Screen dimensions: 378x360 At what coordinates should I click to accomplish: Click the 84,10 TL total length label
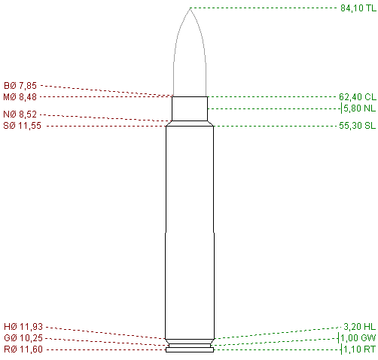358,8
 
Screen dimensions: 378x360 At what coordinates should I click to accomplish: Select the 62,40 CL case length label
358,96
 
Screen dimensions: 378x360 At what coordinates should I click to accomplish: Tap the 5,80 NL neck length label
359,108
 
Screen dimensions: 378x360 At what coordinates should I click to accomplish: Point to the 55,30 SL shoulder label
358,126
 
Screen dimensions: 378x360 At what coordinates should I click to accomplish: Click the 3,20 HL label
359,327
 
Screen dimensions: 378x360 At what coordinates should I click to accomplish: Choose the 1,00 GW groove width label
358,338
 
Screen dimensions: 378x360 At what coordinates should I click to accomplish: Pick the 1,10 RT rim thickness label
359,349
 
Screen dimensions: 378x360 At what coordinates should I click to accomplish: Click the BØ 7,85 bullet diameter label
20,86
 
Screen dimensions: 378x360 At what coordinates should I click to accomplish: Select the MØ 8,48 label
20,97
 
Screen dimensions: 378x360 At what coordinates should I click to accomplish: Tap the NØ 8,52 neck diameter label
20,114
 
